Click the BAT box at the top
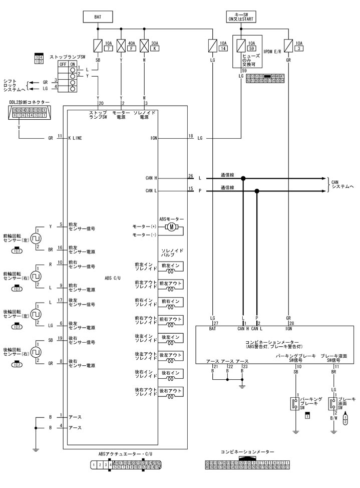pyautogui.click(x=98, y=17)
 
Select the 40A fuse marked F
pyautogui.click(x=121, y=46)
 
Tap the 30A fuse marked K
pyautogui.click(x=145, y=46)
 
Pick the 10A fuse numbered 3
pyautogui.click(x=288, y=46)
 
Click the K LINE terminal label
pyautogui.click(x=77, y=137)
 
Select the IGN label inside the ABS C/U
pyautogui.click(x=153, y=137)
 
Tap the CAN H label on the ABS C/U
pyautogui.click(x=152, y=178)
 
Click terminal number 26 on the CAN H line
pyautogui.click(x=191, y=176)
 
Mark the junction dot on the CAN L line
pyautogui.click(x=257, y=191)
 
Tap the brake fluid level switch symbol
pyautogui.click(x=332, y=404)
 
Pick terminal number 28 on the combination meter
pyautogui.click(x=291, y=323)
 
